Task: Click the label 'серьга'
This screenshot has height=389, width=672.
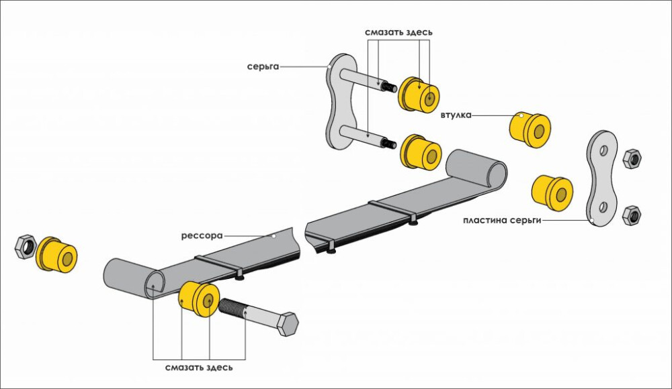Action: click(261, 66)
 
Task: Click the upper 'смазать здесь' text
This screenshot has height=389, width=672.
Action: click(398, 32)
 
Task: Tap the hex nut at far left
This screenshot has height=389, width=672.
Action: click(24, 245)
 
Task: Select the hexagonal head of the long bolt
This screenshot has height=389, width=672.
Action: click(288, 325)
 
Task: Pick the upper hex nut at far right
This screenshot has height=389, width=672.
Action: click(632, 159)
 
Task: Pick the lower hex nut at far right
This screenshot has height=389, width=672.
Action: click(631, 215)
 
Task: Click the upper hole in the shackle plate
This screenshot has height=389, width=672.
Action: click(603, 150)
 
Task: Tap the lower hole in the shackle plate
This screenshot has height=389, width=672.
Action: click(603, 205)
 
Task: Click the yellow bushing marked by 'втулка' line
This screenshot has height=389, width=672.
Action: click(530, 129)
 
